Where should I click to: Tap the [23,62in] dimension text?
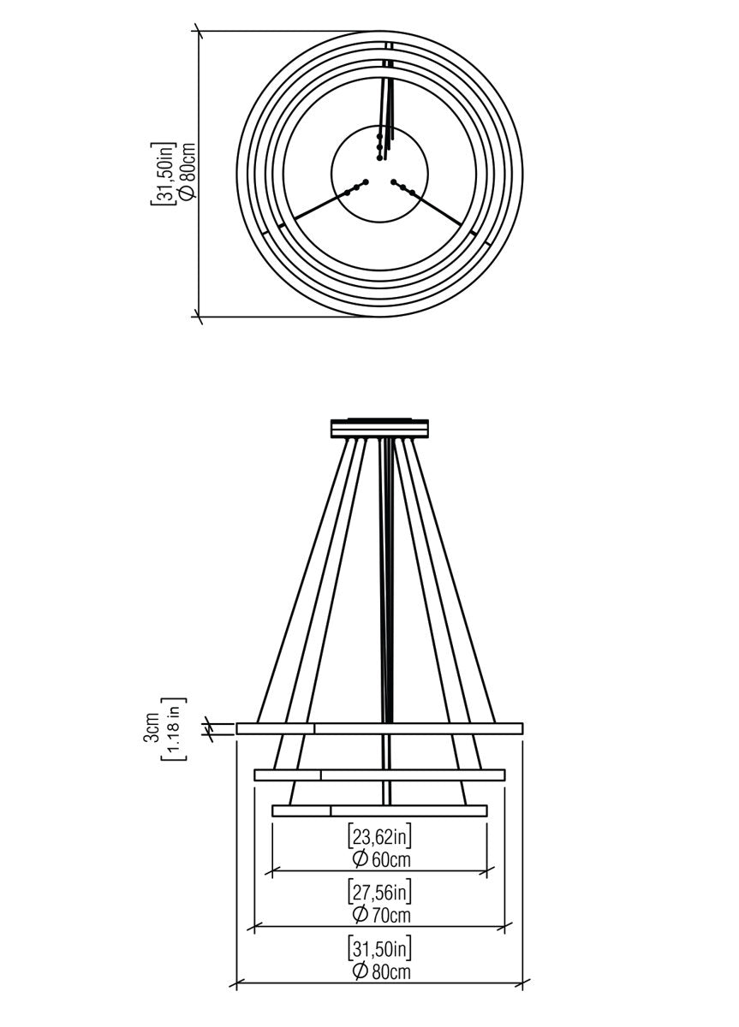coord(380,837)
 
